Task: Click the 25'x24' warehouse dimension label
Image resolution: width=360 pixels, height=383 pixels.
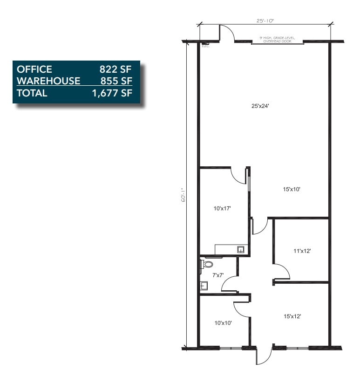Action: [x=260, y=106]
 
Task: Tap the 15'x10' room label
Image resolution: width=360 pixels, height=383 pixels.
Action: [x=292, y=189]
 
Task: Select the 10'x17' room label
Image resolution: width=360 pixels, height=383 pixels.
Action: [x=223, y=209]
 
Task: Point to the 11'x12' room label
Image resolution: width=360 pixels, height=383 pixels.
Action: [x=302, y=251]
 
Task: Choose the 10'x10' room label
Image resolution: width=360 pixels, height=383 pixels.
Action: [x=223, y=322]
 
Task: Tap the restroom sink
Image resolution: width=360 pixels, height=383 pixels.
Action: [x=204, y=286]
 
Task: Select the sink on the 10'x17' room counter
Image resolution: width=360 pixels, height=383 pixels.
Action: [x=241, y=249]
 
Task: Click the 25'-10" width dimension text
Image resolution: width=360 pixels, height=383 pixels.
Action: [x=265, y=21]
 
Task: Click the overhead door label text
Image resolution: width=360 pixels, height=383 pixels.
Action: [x=277, y=39]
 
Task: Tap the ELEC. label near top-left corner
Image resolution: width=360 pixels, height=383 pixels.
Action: [x=205, y=46]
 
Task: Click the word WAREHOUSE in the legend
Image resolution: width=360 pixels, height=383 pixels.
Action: [x=48, y=81]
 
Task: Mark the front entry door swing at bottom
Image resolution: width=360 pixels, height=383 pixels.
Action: [x=265, y=356]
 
